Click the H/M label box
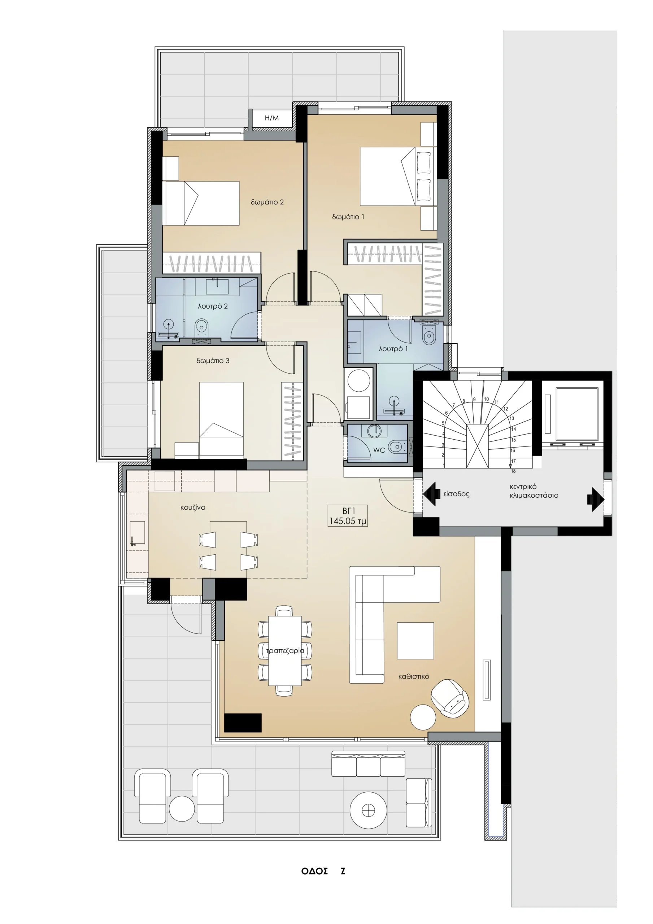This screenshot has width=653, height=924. [272, 118]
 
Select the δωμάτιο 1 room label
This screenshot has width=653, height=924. [348, 217]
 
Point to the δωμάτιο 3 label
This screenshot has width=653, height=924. [213, 361]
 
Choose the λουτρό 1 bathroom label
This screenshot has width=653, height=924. [393, 349]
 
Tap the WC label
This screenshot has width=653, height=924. [379, 450]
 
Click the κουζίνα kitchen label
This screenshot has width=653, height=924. [193, 507]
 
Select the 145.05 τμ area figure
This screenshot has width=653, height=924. [348, 521]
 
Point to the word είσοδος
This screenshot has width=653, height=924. [457, 494]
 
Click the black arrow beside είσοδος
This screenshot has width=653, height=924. [430, 494]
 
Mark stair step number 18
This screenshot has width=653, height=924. [513, 471]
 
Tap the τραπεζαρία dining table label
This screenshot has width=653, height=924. [285, 651]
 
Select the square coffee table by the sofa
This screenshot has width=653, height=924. [415, 641]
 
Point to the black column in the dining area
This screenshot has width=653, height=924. [243, 722]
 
